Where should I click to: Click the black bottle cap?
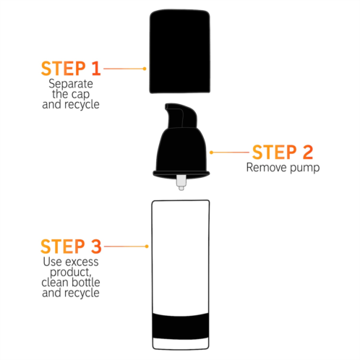pyautogui.click(x=180, y=51)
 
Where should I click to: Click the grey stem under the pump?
pyautogui.click(x=181, y=182)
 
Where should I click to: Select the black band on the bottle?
pyautogui.click(x=181, y=326)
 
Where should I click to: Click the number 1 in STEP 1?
pyautogui.click(x=96, y=69)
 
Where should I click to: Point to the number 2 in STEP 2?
pyautogui.click(x=308, y=152)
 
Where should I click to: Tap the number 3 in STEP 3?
pyautogui.click(x=96, y=247)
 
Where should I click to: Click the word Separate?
pyautogui.click(x=71, y=84)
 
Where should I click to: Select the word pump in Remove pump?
pyautogui.click(x=305, y=168)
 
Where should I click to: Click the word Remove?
pyautogui.click(x=267, y=167)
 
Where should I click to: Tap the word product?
pyautogui.click(x=70, y=273)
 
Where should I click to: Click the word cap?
pyautogui.click(x=80, y=95)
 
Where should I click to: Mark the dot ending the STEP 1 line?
pyautogui.click(x=145, y=69)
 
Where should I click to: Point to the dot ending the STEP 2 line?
pyautogui.click(x=212, y=153)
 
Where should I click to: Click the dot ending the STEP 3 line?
pyautogui.click(x=147, y=247)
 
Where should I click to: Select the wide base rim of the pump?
pyautogui.click(x=181, y=174)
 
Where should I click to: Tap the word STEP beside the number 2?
pyautogui.click(x=275, y=152)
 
